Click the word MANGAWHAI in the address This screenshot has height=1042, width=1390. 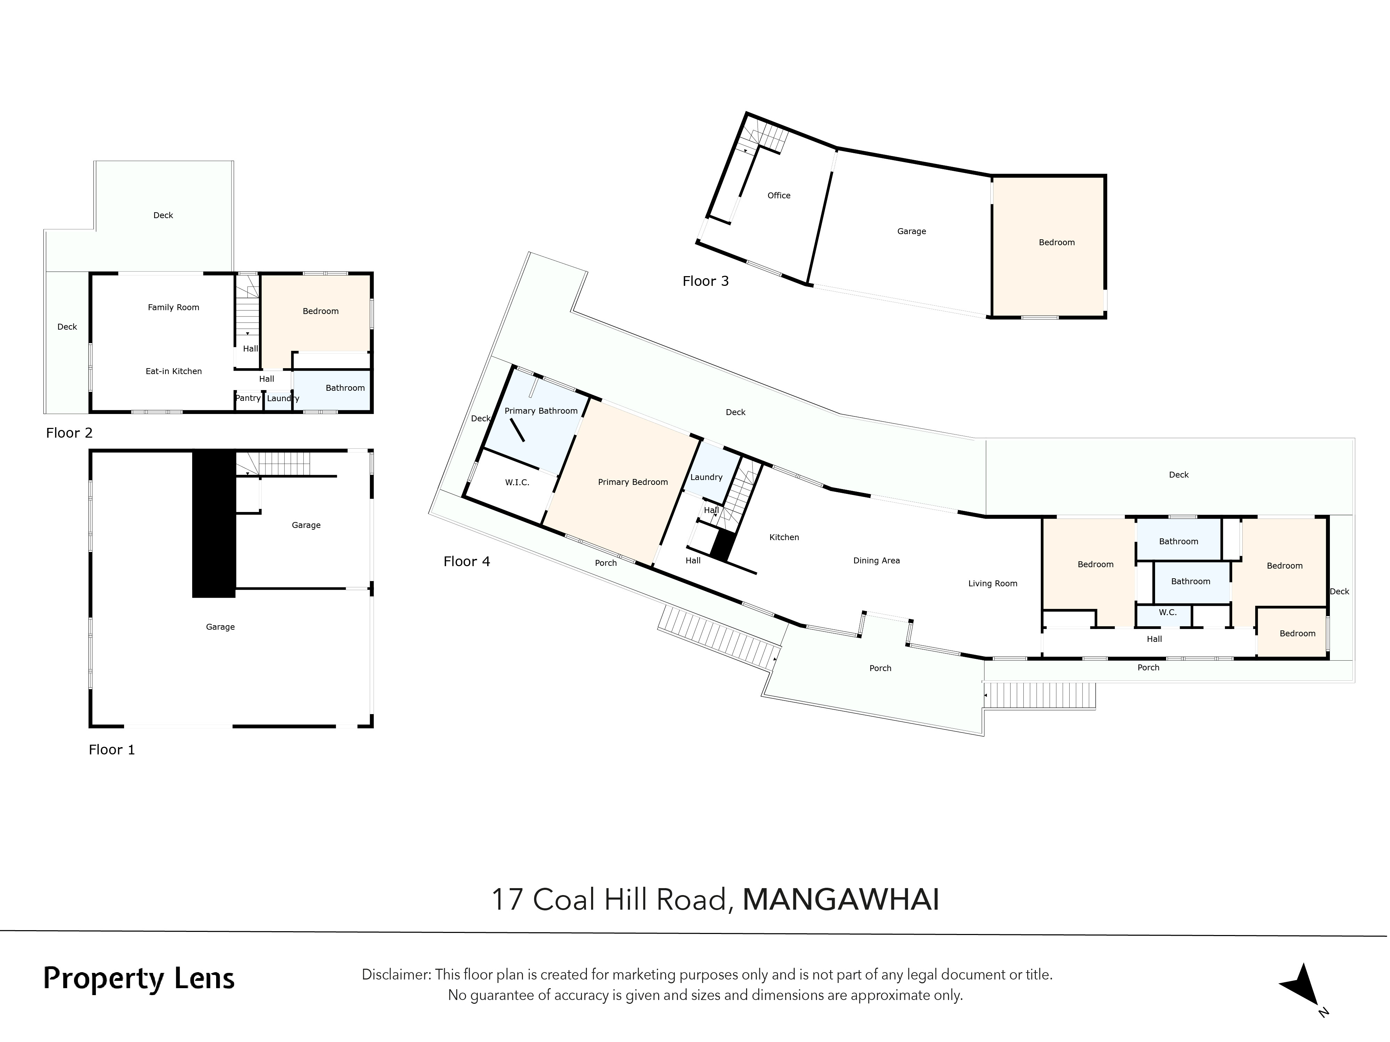pos(841,900)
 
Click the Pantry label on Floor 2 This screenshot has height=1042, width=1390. pos(247,398)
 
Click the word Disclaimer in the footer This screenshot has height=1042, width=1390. pos(395,975)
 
